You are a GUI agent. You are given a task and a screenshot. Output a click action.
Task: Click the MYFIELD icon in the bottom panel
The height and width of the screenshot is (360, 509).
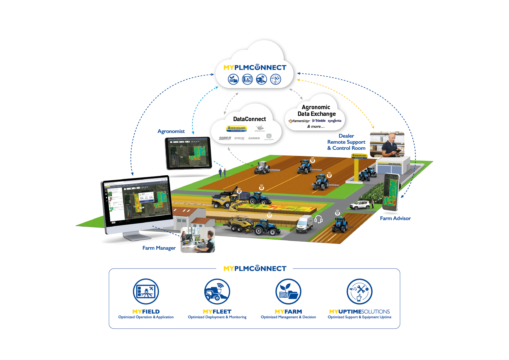point(146,291)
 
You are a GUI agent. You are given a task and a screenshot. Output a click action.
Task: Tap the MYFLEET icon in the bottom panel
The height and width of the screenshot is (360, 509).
point(217,291)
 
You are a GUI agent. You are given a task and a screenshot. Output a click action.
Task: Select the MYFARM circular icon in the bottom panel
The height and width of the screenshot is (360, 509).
point(288,291)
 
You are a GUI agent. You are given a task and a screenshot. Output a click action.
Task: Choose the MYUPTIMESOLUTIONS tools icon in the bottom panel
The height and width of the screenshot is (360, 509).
point(360,291)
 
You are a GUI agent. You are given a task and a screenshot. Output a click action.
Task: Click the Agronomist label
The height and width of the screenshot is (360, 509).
point(171,131)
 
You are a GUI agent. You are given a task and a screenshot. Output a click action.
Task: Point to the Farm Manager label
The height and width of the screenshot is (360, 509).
point(159,248)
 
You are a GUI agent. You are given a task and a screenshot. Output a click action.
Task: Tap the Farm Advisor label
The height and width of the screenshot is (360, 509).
point(395,218)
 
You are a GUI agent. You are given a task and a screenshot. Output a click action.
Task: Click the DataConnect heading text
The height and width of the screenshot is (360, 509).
point(249,119)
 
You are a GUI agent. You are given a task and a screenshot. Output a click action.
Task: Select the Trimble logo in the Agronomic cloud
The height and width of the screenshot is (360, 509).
point(319,121)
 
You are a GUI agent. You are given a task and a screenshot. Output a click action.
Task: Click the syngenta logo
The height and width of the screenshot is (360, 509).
point(335,121)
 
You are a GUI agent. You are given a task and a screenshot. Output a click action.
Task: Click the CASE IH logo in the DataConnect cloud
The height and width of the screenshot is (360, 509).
point(225,138)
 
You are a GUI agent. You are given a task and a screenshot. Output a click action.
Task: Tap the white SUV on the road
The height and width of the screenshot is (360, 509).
point(360,205)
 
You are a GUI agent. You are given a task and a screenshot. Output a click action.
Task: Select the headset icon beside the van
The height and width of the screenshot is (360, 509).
point(318,219)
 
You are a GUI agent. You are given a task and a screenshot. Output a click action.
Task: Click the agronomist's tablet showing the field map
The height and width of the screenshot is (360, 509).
point(188,153)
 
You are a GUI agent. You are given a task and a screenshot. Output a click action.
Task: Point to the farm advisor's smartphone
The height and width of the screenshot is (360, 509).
point(391,192)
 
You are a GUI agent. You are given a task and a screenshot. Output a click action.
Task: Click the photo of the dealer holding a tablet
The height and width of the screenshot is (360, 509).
point(387,144)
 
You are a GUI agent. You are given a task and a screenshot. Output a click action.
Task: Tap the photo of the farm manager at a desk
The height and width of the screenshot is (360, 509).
point(198,240)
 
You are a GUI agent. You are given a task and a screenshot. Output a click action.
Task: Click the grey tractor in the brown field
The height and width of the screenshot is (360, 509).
point(262,168)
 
